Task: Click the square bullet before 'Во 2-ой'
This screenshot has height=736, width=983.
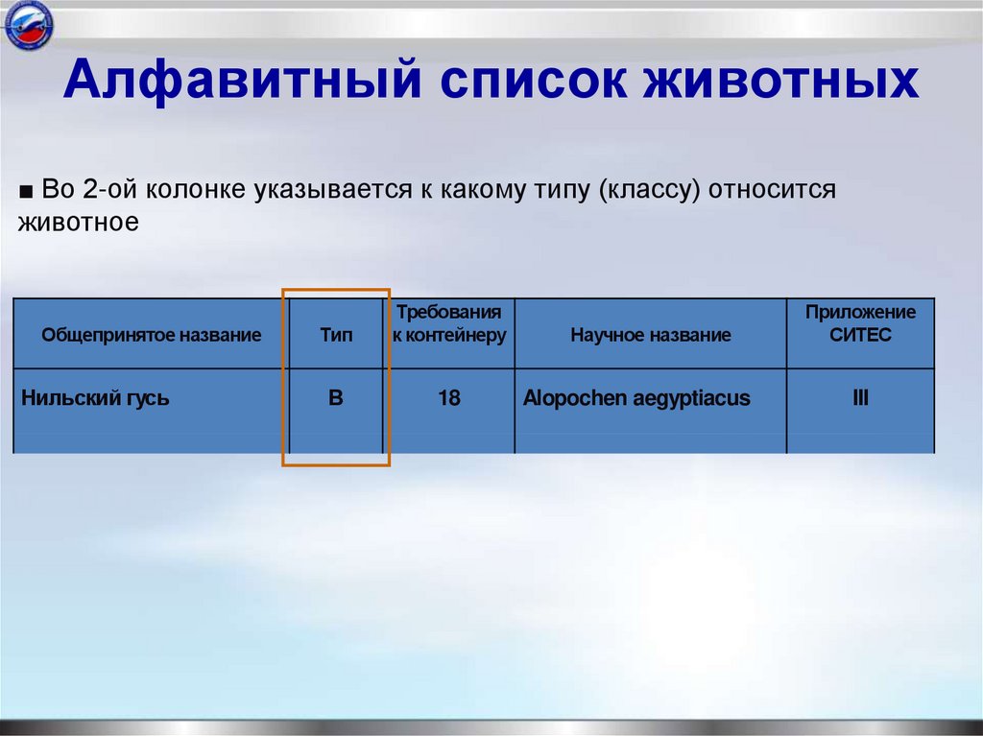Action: pyautogui.click(x=26, y=190)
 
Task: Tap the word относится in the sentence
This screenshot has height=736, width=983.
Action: pyautogui.click(x=774, y=189)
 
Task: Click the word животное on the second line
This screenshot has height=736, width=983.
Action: pyautogui.click(x=79, y=223)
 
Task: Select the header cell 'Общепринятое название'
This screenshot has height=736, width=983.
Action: pyautogui.click(x=151, y=336)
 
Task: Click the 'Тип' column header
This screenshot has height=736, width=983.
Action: pyautogui.click(x=335, y=336)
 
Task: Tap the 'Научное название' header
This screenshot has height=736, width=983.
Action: pyautogui.click(x=650, y=336)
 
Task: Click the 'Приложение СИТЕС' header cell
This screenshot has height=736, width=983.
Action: pyautogui.click(x=860, y=324)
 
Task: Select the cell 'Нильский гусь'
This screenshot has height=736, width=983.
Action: pyautogui.click(x=95, y=397)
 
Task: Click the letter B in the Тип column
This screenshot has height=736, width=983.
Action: pyautogui.click(x=335, y=397)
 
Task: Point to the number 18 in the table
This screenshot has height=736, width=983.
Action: pyautogui.click(x=448, y=397)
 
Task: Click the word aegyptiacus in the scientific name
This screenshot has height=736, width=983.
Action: pyautogui.click(x=691, y=397)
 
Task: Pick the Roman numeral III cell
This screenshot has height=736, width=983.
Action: pyautogui.click(x=860, y=396)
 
